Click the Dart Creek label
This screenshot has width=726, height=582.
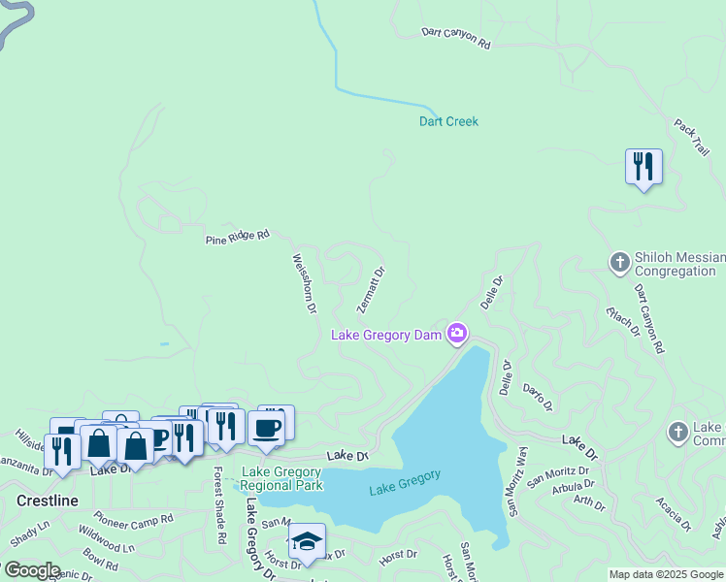coord(448,121)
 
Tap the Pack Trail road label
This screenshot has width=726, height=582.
coord(692,138)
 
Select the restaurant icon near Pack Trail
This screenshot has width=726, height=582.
coord(643,167)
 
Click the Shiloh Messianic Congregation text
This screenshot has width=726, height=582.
coord(676,264)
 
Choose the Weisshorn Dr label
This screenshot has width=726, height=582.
coord(305,283)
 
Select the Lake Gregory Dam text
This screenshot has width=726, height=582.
coord(387,336)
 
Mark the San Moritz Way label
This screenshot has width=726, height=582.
coord(515,479)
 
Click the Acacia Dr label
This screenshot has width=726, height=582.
coord(672,513)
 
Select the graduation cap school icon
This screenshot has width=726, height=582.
coord(307,542)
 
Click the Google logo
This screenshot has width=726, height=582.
coord(31,570)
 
